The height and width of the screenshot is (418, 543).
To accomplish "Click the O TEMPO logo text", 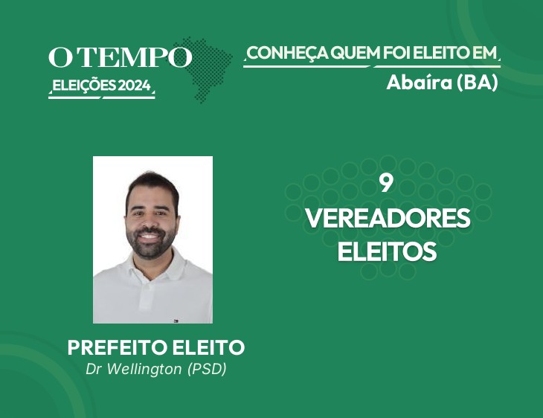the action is (121, 57).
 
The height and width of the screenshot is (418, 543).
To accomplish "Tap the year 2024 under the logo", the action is (135, 86).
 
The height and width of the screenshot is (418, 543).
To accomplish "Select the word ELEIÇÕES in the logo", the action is (84, 86).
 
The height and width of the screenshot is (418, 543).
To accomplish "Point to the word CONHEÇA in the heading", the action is (287, 54).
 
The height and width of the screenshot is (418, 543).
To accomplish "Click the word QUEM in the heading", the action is (355, 53).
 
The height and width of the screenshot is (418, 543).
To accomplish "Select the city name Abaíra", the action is (420, 83).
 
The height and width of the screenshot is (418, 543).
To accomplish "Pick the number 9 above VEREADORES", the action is (386, 184).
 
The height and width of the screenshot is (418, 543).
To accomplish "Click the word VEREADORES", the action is (388, 218).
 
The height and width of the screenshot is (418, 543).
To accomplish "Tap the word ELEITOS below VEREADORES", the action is (387, 251).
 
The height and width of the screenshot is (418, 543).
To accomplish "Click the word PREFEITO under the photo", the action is (118, 347).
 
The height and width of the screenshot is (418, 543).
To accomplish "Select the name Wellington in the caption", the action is (144, 369).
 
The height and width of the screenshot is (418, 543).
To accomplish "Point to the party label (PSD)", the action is (207, 369).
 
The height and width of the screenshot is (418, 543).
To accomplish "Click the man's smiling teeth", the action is (150, 237).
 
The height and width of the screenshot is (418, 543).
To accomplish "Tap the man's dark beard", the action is (151, 244).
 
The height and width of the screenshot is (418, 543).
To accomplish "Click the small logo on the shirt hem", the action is (176, 321).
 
